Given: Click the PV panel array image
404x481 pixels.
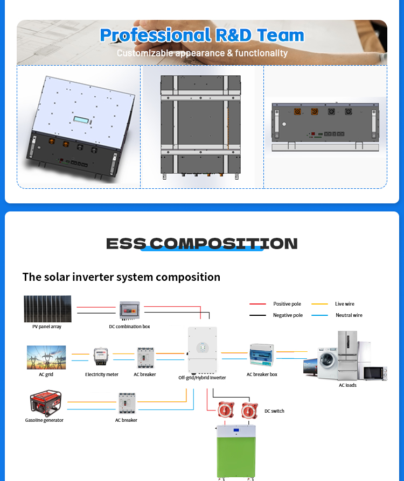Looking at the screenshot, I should (x=47, y=309).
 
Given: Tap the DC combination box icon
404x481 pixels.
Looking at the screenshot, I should (x=129, y=311).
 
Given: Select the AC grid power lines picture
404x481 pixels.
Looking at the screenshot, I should (x=46, y=357).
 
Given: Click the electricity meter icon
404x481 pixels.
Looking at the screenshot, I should (x=101, y=357).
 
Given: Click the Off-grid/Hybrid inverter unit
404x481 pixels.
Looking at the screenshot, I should (x=203, y=350).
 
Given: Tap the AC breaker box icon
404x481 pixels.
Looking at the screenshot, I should (x=262, y=356).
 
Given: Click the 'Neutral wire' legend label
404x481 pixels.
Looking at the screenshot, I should (x=349, y=315).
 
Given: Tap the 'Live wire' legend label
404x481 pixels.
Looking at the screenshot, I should (x=344, y=304).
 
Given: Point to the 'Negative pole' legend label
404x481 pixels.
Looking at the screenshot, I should (x=288, y=315).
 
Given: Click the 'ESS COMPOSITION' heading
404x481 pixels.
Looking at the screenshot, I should (x=202, y=244).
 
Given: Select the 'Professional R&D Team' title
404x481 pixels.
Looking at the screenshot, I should (x=202, y=36).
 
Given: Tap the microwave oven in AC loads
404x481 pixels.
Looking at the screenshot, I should (x=374, y=373).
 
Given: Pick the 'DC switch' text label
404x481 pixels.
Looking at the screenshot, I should (x=274, y=411).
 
